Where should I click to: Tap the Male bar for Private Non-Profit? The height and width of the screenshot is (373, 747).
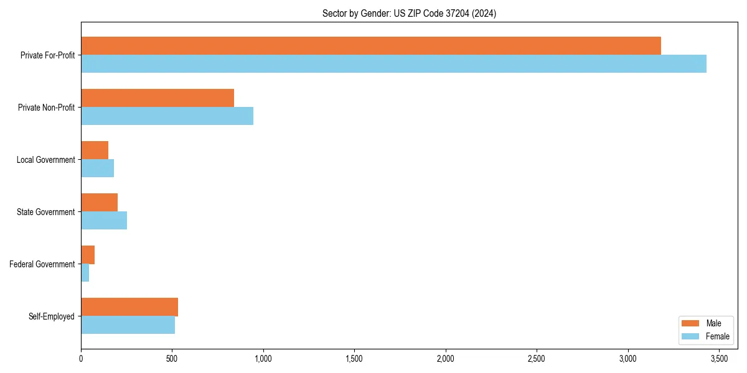[157, 98]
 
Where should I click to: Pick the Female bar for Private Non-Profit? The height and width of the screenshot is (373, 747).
[167, 116]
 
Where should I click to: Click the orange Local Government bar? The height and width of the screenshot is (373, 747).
[95, 150]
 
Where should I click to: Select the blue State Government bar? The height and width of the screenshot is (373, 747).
[104, 221]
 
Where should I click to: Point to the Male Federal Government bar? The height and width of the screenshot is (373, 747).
[88, 254]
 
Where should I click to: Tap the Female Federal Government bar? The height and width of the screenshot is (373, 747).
[85, 273]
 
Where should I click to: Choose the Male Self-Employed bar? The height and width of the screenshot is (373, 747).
[129, 306]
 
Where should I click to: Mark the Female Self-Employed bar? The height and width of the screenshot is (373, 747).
[128, 325]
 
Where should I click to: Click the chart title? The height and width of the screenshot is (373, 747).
[409, 13]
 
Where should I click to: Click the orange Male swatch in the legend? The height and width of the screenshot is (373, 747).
[691, 323]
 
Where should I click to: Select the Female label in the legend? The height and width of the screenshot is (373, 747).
[718, 336]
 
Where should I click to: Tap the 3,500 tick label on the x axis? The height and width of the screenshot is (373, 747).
[719, 359]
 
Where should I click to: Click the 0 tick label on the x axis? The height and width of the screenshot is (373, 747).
[81, 359]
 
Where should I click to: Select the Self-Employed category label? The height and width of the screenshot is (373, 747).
[52, 316]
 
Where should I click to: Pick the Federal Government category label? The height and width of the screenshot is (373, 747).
[42, 264]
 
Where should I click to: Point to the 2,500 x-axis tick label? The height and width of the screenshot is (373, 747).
[537, 359]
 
